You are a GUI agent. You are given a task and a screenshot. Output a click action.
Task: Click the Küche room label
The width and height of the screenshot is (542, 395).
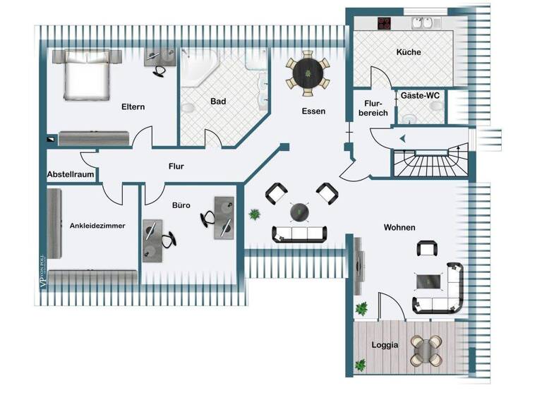pyautogui.click(x=408, y=52)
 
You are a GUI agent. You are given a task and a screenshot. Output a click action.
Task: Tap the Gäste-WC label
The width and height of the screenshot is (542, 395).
pyautogui.click(x=421, y=95)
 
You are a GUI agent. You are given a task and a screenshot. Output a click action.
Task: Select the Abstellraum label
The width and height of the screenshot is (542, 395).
pyautogui.click(x=71, y=174)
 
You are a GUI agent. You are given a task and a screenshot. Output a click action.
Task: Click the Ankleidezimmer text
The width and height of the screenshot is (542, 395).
pyautogui.click(x=97, y=226)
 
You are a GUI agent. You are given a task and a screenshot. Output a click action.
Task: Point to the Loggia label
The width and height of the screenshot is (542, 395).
pyautogui.click(x=385, y=346)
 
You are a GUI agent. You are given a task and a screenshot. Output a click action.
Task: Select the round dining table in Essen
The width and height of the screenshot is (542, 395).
pyautogui.click(x=308, y=71)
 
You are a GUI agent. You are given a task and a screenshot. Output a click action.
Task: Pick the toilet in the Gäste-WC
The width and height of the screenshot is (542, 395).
pyautogui.click(x=436, y=108)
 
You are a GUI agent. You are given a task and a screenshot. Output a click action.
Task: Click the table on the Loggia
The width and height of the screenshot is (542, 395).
pyautogui.click(x=426, y=348)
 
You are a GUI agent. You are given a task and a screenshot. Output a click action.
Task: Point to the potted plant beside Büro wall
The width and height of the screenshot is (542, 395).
pyautogui.click(x=253, y=214)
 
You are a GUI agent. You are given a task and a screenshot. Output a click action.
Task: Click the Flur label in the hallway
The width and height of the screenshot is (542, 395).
pyautogui.click(x=176, y=166)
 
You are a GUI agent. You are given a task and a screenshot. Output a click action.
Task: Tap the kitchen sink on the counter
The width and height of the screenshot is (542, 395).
pyautogui.click(x=423, y=23)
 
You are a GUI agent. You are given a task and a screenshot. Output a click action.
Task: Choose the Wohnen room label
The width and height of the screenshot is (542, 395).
pyautogui.click(x=399, y=228)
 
